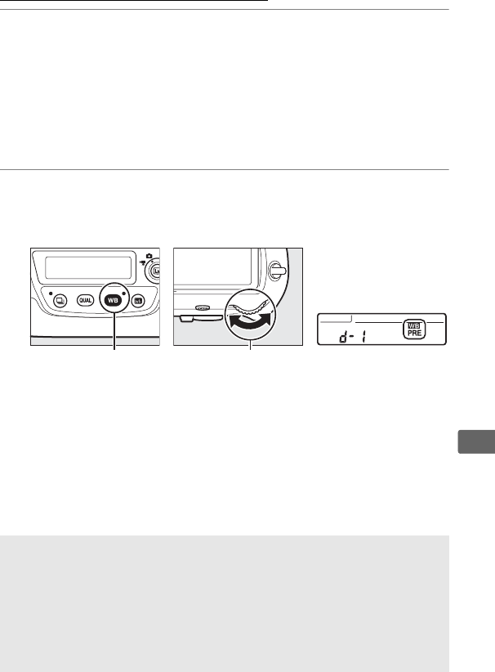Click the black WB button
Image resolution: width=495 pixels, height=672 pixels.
[114, 300]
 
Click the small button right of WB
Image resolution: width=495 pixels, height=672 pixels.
[139, 301]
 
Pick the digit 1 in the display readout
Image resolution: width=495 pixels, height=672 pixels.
[363, 335]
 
